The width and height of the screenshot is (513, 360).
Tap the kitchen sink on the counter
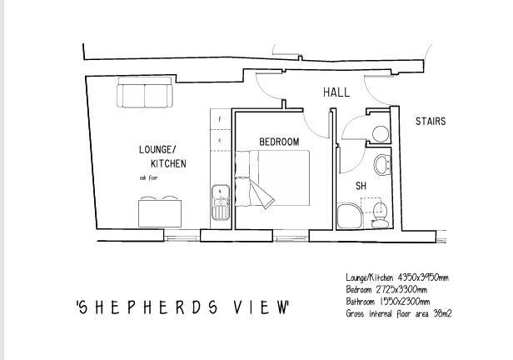pos(220,202)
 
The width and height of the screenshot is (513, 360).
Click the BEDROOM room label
pos(278,142)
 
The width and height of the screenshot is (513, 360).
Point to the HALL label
pos(336,93)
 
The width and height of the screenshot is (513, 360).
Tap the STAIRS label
pos(431,122)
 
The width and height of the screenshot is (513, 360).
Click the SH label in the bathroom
pos(361,186)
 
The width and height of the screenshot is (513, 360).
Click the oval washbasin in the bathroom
pos(381,164)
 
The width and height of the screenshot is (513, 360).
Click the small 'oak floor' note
pos(148,178)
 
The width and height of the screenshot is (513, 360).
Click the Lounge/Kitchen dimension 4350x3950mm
pos(421,277)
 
